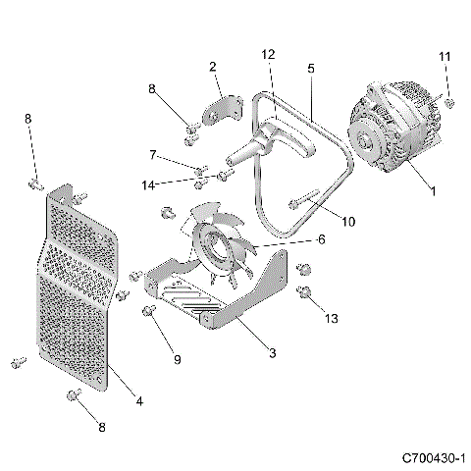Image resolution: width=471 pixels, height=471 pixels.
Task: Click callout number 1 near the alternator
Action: click(433, 191)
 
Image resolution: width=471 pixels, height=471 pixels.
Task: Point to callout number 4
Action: click(138, 400)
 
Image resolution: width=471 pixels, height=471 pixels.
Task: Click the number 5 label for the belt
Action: click(310, 70)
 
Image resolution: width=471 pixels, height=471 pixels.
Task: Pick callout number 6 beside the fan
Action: click(321, 238)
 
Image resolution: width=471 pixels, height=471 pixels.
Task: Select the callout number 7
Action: click(153, 154)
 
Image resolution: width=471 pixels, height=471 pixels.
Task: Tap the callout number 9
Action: click(178, 360)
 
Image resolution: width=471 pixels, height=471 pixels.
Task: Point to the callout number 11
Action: click(445, 58)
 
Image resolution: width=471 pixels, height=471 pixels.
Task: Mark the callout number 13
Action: click(330, 317)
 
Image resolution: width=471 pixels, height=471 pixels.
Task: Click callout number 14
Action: click(148, 183)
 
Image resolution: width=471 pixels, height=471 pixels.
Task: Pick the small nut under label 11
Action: click(448, 101)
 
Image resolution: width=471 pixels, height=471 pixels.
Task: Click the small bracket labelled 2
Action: click(224, 110)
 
